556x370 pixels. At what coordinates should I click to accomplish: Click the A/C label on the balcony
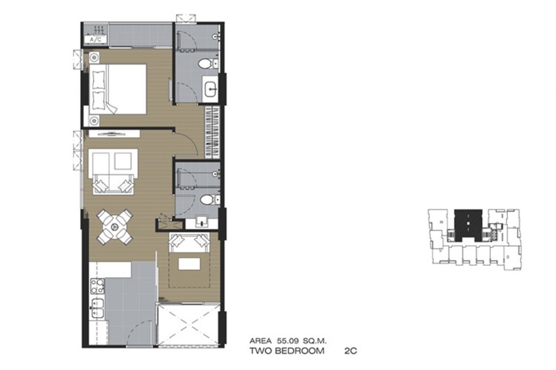96,40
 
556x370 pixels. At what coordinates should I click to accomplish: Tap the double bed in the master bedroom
118,89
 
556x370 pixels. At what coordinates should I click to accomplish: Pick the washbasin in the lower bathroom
202,222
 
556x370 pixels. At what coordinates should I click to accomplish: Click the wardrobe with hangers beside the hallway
213,132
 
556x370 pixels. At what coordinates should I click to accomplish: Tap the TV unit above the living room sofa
114,133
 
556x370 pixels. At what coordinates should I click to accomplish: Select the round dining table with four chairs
115,227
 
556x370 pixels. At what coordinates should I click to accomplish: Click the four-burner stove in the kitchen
97,286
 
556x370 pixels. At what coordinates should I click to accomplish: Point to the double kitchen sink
97,308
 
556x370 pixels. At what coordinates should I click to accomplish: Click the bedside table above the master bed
94,57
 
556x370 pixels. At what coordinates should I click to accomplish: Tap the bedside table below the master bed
94,121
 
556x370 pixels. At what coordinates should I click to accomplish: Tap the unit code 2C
350,351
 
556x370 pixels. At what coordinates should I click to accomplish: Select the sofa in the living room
113,171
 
